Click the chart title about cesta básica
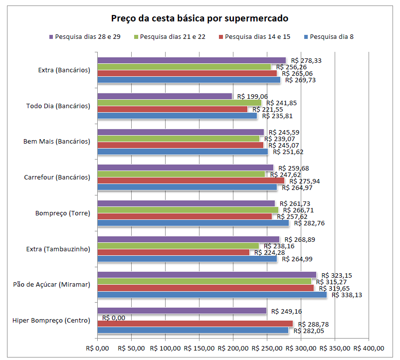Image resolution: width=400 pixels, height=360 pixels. click(x=200, y=19)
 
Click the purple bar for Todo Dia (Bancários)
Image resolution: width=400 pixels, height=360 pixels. click(x=165, y=96)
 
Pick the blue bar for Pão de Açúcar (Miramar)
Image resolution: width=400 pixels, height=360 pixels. click(x=212, y=295)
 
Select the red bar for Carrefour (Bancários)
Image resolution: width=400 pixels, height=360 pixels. click(x=191, y=180)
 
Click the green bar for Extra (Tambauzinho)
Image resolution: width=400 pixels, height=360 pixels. click(x=178, y=246)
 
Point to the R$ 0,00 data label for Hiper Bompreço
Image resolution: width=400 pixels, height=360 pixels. click(x=114, y=318)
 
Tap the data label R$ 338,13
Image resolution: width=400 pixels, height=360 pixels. click(x=347, y=295)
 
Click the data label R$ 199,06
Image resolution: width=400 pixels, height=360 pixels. click(x=252, y=96)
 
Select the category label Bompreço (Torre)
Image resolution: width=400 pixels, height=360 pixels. click(x=63, y=213)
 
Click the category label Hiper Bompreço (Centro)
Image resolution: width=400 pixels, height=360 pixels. click(x=51, y=320)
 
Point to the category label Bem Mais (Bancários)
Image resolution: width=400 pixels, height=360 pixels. click(x=57, y=142)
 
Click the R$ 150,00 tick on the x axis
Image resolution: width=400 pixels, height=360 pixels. click(x=199, y=348)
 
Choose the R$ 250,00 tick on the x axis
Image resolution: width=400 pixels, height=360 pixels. click(x=267, y=348)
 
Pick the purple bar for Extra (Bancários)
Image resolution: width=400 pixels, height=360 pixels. click(x=192, y=60)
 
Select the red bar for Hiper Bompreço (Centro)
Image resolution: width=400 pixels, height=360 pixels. click(x=195, y=324)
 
